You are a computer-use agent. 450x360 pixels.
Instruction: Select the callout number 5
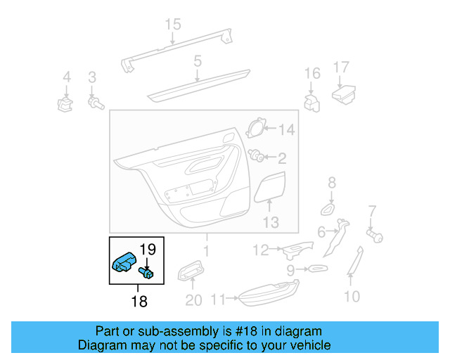(x=198, y=61)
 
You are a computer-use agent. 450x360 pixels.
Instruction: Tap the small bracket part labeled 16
(x=311, y=101)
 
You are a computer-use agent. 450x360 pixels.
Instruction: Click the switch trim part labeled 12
(x=295, y=248)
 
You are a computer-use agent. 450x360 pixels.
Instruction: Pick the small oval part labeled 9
(x=316, y=269)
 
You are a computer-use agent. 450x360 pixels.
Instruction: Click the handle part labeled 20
(x=191, y=271)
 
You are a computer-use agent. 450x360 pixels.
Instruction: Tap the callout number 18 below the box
(x=139, y=302)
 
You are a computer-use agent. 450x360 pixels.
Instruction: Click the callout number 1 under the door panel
(x=206, y=250)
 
